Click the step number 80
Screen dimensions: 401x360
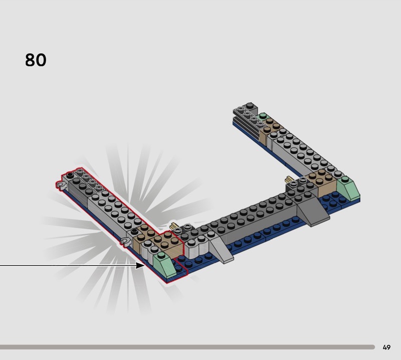(x=36, y=60)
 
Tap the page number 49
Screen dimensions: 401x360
(x=386, y=347)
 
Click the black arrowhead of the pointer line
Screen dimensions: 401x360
(x=140, y=266)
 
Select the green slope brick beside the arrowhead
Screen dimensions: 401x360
(x=165, y=265)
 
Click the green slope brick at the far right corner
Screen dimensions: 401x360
(x=347, y=189)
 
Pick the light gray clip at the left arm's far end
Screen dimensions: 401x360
(x=60, y=186)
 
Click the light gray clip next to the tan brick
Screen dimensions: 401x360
(x=125, y=242)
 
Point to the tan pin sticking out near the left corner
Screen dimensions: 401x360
(x=173, y=226)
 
